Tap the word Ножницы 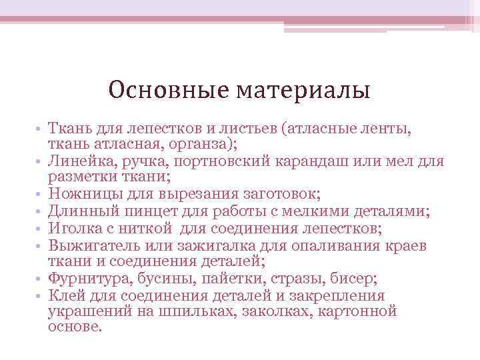point(81,195)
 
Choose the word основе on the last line point(75,327)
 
